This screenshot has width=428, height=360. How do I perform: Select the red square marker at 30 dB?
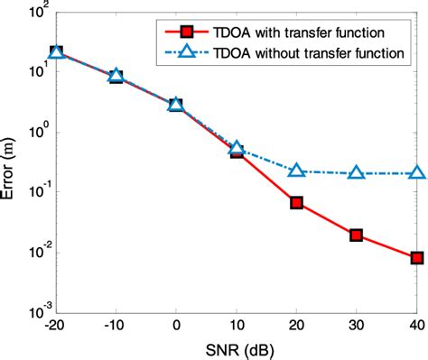356,235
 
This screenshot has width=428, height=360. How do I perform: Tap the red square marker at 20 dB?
296,203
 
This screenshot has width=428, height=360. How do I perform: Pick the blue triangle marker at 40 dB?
416,172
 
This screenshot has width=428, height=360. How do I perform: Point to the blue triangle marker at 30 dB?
356,172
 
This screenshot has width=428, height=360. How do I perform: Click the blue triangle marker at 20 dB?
296,170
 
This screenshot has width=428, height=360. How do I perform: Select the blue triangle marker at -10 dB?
116,76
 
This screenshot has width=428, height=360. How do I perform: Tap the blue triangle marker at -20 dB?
56,52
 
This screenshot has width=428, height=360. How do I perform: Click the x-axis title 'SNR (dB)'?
237,348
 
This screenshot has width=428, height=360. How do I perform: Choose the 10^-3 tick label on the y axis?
34,311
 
